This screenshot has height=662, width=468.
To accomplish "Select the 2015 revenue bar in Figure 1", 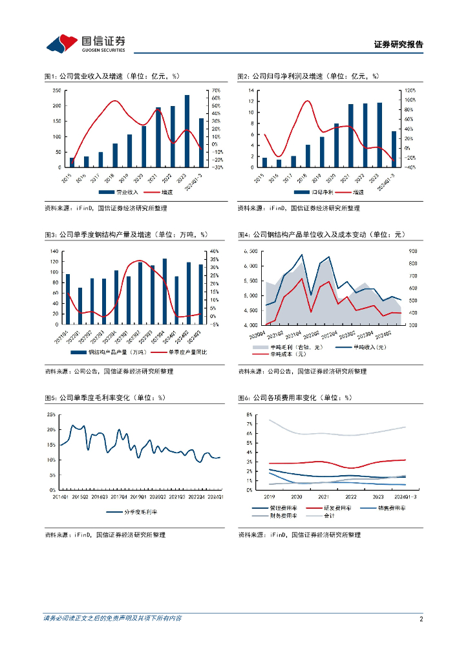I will pyautogui.click(x=72, y=162).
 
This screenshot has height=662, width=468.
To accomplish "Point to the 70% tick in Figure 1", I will pyautogui.click(x=217, y=91).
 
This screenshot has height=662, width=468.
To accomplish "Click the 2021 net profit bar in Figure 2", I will pyautogui.click(x=351, y=136).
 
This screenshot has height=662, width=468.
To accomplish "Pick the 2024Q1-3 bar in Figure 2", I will pyautogui.click(x=394, y=149).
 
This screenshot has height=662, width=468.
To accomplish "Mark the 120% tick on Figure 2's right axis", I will pyautogui.click(x=410, y=91).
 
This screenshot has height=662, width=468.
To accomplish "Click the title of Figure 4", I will pyautogui.click(x=321, y=235).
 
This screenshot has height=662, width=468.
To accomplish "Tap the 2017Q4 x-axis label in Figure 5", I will pyautogui.click(x=119, y=496).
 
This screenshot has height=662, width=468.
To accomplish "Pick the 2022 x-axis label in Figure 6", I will pyautogui.click(x=350, y=496).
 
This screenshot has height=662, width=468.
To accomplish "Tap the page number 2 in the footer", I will pyautogui.click(x=421, y=619).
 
